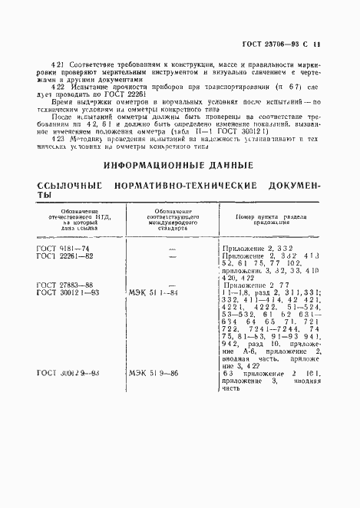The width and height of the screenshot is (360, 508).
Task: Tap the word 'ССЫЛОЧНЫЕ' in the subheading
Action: click(69, 186)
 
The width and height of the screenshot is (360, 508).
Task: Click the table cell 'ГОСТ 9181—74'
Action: click(62, 250)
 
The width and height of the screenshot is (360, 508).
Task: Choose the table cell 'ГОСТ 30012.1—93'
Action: click(67, 292)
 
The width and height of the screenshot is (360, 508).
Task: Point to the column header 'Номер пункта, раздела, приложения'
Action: click(266, 218)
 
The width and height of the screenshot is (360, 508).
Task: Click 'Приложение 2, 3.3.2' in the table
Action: click(256, 250)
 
